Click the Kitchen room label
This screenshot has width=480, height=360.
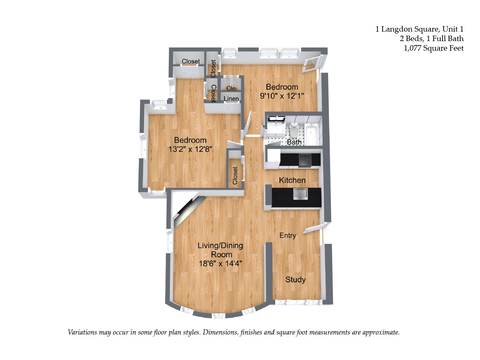(x=292, y=180)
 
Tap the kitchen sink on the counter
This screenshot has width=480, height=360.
(x=300, y=194)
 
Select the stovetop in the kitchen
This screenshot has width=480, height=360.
(x=305, y=159)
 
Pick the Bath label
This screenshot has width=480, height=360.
(x=294, y=142)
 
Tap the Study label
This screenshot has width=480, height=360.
(x=295, y=280)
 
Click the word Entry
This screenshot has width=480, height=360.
(x=287, y=235)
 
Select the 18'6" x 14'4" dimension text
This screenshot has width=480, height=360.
(x=220, y=264)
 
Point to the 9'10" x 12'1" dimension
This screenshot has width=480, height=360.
(x=282, y=96)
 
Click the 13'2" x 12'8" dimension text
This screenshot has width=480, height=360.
(x=190, y=149)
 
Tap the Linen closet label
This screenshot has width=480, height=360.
(x=231, y=99)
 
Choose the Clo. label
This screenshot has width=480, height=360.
(x=232, y=89)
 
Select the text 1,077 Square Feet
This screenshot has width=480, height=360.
(x=433, y=48)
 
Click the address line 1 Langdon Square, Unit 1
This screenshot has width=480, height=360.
(x=419, y=29)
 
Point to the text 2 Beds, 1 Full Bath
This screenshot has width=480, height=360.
(x=431, y=39)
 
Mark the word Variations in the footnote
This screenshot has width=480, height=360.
(x=83, y=332)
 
